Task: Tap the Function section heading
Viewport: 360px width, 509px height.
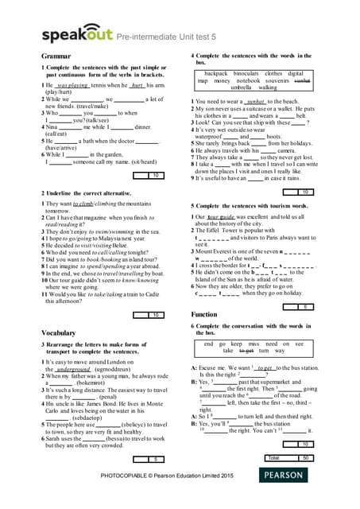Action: point(205,314)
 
